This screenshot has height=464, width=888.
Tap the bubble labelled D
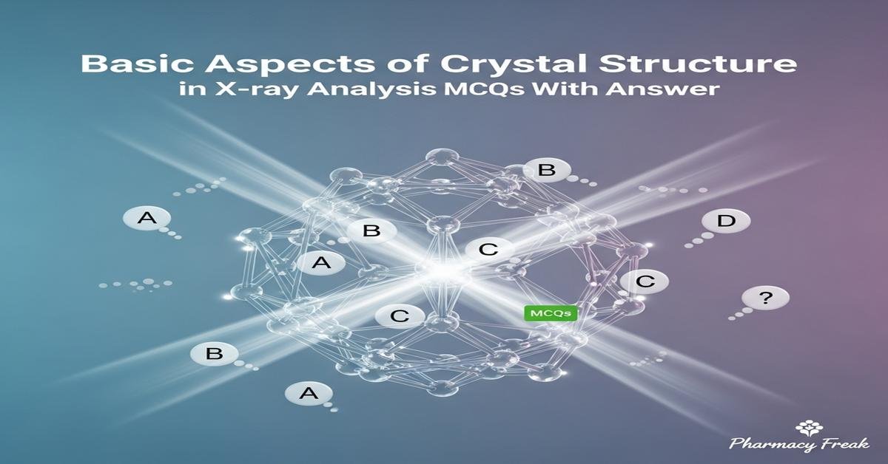[x=728, y=220]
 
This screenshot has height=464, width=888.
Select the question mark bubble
[x=766, y=298]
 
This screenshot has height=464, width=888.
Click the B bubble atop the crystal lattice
[x=546, y=171]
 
